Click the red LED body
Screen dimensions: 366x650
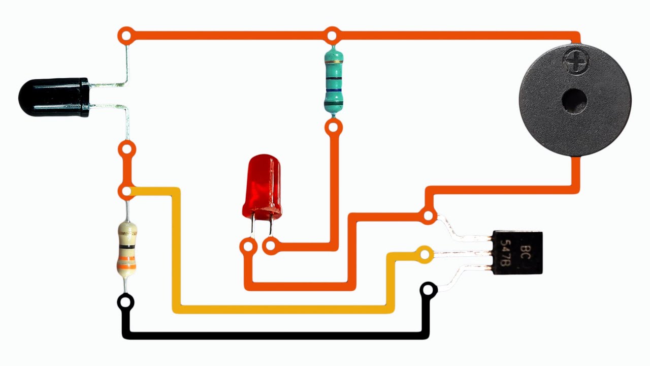pos(262,186)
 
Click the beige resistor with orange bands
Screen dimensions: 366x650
pos(126,249)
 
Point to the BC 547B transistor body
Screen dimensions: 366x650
pos(517,253)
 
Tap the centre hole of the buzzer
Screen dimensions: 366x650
pos(574,100)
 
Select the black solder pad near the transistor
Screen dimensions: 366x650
pos(429,290)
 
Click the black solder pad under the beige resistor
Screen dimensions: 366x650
pos(125,302)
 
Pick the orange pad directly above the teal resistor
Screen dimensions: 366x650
pos(332,36)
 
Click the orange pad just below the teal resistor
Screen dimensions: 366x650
pos(333,126)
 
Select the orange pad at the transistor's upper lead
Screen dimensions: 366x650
pos(429,216)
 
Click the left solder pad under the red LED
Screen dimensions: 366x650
pos(248,247)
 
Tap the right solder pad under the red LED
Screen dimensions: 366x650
pos(270,247)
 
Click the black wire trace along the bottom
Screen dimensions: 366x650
pos(274,335)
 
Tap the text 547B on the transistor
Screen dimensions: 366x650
pos(505,253)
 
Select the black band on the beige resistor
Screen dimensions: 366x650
pos(126,246)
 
